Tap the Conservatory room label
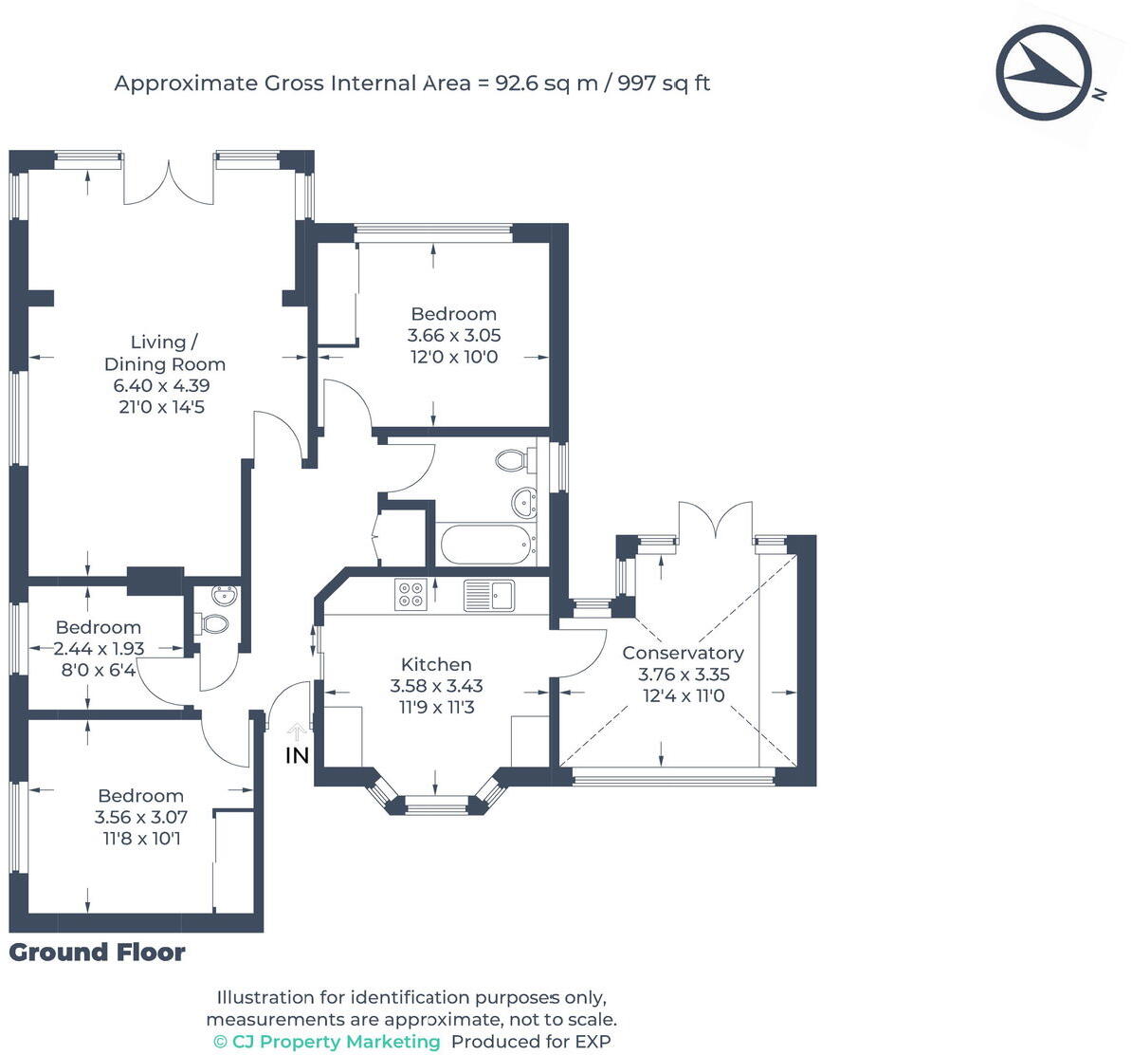pyautogui.click(x=683, y=653)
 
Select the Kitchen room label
pyautogui.click(x=436, y=664)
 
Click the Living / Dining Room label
pyautogui.click(x=165, y=353)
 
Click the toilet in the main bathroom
pyautogui.click(x=512, y=461)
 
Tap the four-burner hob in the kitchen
pyautogui.click(x=410, y=594)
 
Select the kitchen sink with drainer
pyautogui.click(x=488, y=595)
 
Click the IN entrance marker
pyautogui.click(x=298, y=755)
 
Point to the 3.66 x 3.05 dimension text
pyautogui.click(x=454, y=335)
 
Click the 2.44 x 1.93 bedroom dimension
pyautogui.click(x=99, y=649)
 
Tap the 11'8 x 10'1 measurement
pyautogui.click(x=141, y=839)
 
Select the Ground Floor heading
pyautogui.click(x=98, y=953)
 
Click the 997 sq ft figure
pyautogui.click(x=664, y=83)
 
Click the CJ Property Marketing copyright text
pyautogui.click(x=327, y=1042)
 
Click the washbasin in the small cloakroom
pyautogui.click(x=225, y=597)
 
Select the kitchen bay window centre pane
pyautogui.click(x=436, y=807)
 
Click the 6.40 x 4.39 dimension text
pyautogui.click(x=162, y=385)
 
